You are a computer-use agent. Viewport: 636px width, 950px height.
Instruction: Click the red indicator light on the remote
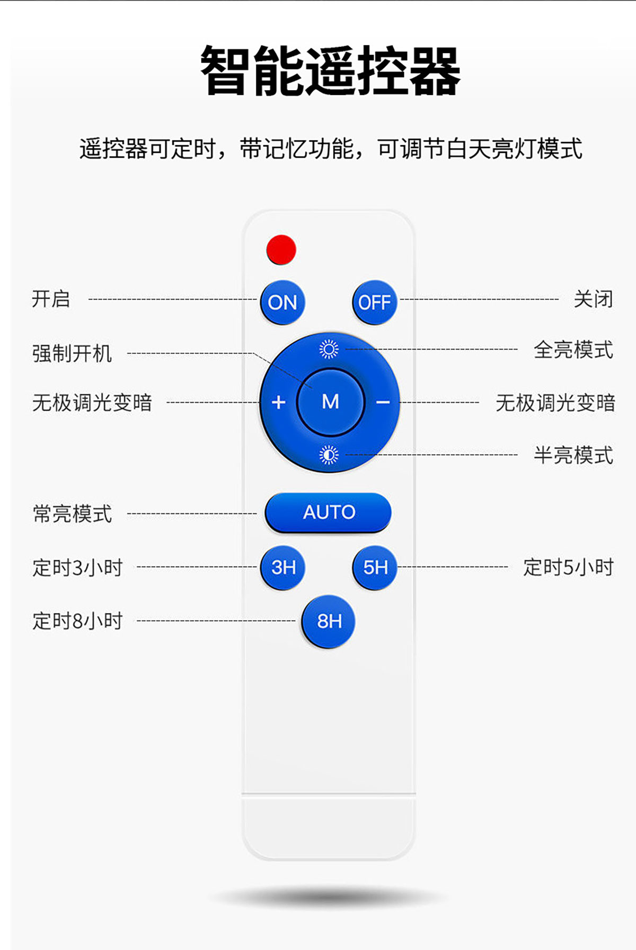pyautogui.click(x=281, y=249)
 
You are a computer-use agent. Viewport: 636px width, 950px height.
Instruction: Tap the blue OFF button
pyautogui.click(x=374, y=302)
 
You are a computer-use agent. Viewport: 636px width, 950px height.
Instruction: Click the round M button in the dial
pyautogui.click(x=330, y=402)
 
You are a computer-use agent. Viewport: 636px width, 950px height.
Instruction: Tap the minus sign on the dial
pyautogui.click(x=383, y=403)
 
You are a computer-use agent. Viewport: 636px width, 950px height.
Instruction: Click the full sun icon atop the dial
pyautogui.click(x=329, y=349)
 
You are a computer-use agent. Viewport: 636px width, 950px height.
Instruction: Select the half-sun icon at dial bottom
pyautogui.click(x=329, y=455)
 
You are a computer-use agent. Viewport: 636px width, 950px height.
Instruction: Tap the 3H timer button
pyautogui.click(x=283, y=568)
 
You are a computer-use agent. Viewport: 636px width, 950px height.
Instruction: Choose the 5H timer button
pyautogui.click(x=375, y=568)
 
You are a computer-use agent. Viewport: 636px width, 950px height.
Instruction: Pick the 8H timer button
pyautogui.click(x=329, y=621)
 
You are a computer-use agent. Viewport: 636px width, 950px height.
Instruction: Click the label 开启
pyautogui.click(x=51, y=299)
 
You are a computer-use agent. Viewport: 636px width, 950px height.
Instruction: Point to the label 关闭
pyautogui.click(x=593, y=299)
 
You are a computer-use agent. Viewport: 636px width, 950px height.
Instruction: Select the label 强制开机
pyautogui.click(x=72, y=353)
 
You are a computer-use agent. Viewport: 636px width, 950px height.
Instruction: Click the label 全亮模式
pyautogui.click(x=573, y=350)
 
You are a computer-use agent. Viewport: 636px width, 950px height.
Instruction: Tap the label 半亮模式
pyautogui.click(x=573, y=455)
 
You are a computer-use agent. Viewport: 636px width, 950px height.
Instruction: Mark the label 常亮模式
pyautogui.click(x=73, y=513)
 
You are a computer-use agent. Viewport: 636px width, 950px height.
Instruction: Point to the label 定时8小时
pyautogui.click(x=78, y=621)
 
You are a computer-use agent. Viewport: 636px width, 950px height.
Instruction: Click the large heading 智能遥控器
pyautogui.click(x=330, y=71)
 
